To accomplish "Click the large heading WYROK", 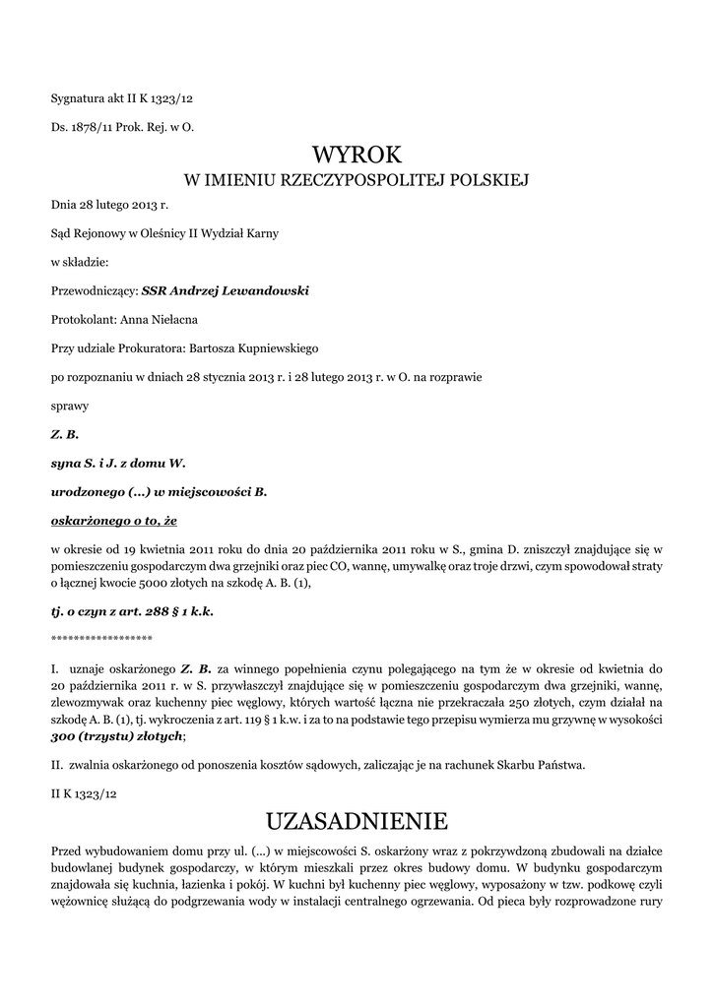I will pyautogui.click(x=357, y=155).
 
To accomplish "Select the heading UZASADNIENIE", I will pyautogui.click(x=357, y=820).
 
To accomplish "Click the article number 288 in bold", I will pyautogui.click(x=152, y=610).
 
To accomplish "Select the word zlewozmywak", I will pyautogui.click(x=88, y=703).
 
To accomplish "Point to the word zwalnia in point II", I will pyautogui.click(x=90, y=764).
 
